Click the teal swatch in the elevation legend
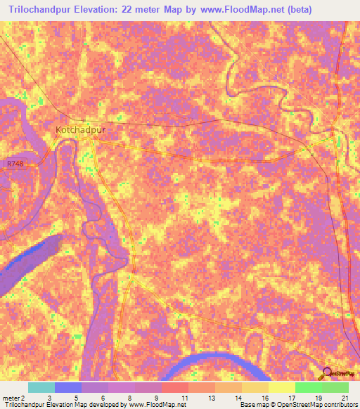[x=41, y=387]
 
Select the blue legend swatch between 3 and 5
[x=68, y=387]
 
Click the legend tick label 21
[x=343, y=398]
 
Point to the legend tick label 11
[x=184, y=398]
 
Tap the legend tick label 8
[x=131, y=398]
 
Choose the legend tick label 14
[x=238, y=398]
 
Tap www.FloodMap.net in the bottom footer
[x=153, y=405]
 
